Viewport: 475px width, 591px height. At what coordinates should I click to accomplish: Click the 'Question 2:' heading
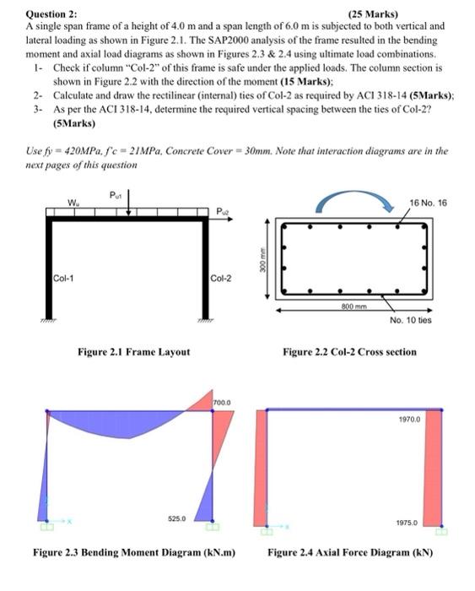tap(52, 14)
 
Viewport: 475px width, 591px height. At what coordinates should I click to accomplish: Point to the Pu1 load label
tap(117, 193)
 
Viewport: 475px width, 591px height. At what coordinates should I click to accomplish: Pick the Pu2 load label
tap(222, 210)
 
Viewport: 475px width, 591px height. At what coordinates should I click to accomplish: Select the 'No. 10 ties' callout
tap(411, 320)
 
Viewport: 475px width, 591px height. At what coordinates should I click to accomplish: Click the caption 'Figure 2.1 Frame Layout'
tap(138, 351)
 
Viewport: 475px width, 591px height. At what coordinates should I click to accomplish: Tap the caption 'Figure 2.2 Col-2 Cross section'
tap(349, 351)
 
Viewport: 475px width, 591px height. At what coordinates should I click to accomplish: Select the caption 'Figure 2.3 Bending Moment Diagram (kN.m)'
tap(133, 553)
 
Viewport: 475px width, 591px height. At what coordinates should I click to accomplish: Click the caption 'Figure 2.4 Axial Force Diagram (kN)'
tap(350, 553)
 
